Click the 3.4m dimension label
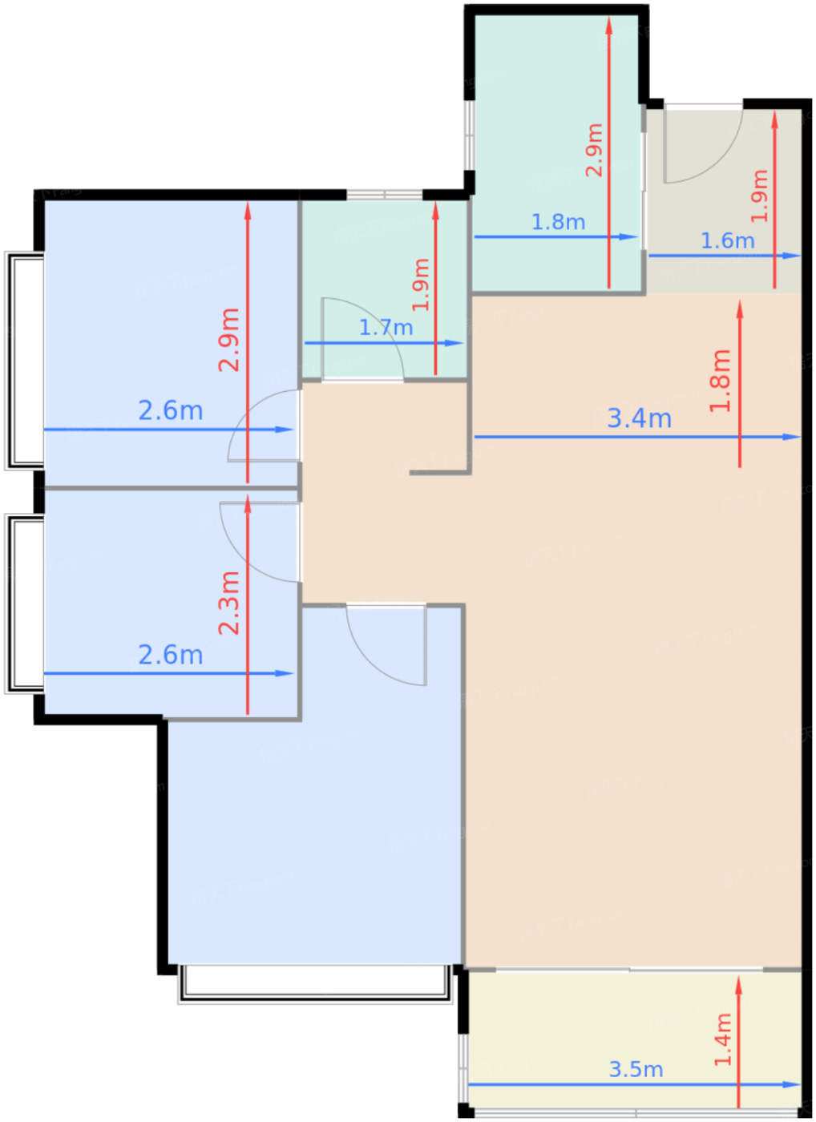pyautogui.click(x=639, y=418)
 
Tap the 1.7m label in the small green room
pyautogui.click(x=386, y=328)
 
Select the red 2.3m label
pyautogui.click(x=229, y=603)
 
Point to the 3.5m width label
pyautogui.click(x=636, y=1069)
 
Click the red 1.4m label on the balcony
pyautogui.click(x=723, y=1039)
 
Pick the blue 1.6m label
pyautogui.click(x=727, y=241)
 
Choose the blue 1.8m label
pyautogui.click(x=558, y=222)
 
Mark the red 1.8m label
pyautogui.click(x=721, y=381)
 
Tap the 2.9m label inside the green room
pyautogui.click(x=594, y=150)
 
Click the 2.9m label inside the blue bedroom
pyautogui.click(x=229, y=340)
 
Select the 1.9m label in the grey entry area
pyautogui.click(x=759, y=196)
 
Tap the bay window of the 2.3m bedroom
pyautogui.click(x=24, y=603)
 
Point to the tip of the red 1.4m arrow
pyautogui.click(x=738, y=975)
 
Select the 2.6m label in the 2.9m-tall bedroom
pyautogui.click(x=170, y=410)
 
